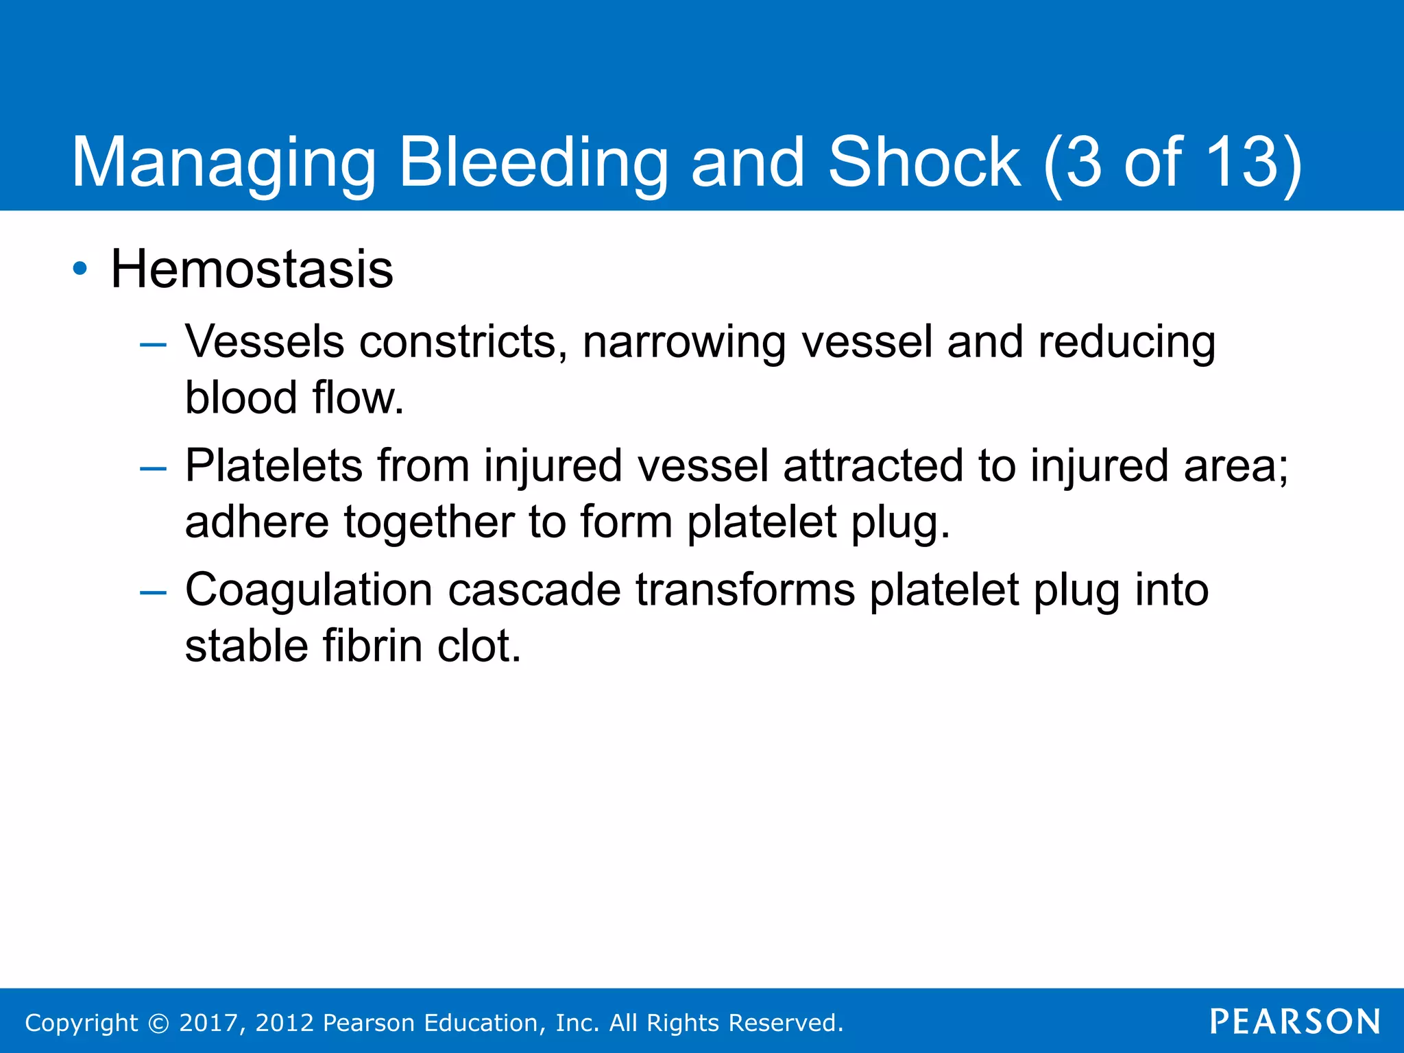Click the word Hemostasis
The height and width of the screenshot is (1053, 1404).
click(x=252, y=269)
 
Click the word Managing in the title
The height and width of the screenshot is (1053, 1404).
click(x=223, y=162)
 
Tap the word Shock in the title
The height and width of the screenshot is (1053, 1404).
click(x=925, y=162)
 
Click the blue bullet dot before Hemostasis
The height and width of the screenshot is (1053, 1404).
click(x=80, y=269)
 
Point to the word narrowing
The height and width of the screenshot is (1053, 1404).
click(x=683, y=342)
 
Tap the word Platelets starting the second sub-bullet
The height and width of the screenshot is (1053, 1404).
click(x=274, y=466)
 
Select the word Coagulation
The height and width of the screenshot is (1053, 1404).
click(x=308, y=590)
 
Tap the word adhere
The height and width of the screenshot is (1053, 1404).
click(x=257, y=522)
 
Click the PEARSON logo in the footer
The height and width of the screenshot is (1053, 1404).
click(x=1295, y=1022)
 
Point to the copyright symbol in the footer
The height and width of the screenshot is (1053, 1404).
click(x=158, y=1023)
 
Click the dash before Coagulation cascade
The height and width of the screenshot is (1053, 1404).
click(x=153, y=592)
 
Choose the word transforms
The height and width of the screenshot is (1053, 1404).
click(x=745, y=590)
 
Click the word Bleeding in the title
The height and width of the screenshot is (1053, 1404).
click(x=533, y=162)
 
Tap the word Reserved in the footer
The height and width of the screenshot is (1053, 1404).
click(x=785, y=1023)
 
